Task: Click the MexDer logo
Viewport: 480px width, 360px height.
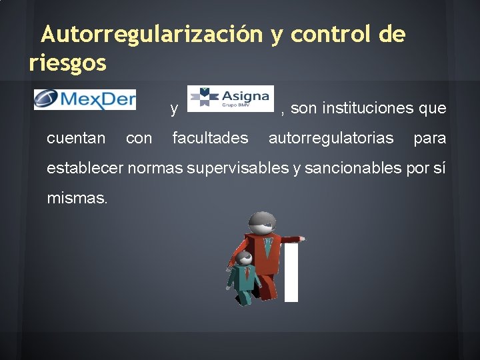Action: pyautogui.click(x=85, y=100)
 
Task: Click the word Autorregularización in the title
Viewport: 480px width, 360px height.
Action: pyautogui.click(x=151, y=34)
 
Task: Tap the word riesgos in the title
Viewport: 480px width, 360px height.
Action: pyautogui.click(x=67, y=63)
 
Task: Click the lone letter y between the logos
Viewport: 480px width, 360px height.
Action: pyautogui.click(x=173, y=109)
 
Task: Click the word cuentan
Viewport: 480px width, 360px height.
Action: pyautogui.click(x=76, y=138)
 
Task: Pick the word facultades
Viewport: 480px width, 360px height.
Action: pyautogui.click(x=210, y=138)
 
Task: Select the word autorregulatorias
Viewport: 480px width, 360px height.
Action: pyautogui.click(x=331, y=138)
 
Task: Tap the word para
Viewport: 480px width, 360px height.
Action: pyautogui.click(x=429, y=138)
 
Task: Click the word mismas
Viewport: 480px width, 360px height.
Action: pyautogui.click(x=77, y=198)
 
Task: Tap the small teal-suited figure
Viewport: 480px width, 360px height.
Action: pyautogui.click(x=244, y=277)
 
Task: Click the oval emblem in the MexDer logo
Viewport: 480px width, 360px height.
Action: pyautogui.click(x=46, y=100)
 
